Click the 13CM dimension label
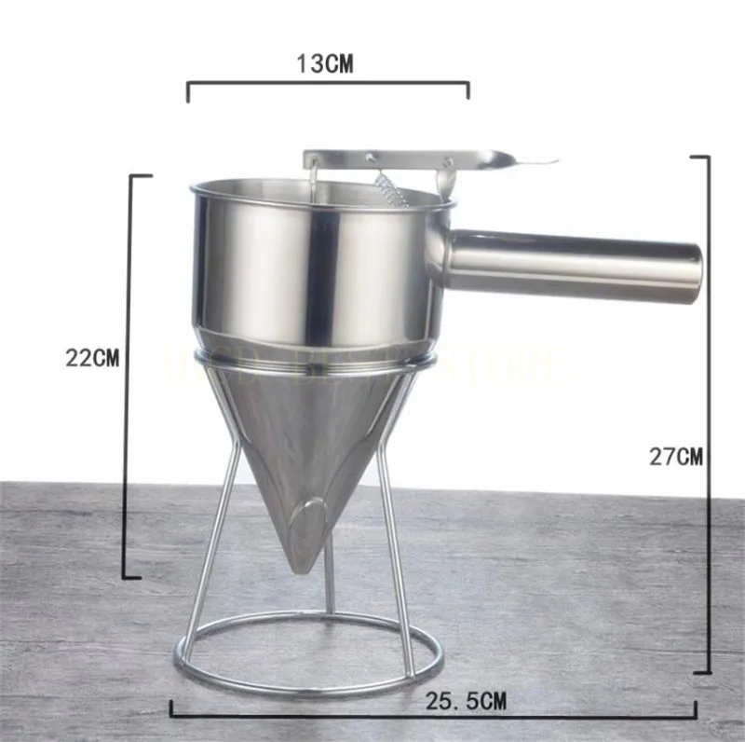(x=325, y=63)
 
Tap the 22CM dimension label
(x=92, y=358)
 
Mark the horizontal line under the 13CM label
(x=326, y=84)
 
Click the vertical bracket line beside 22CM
(x=128, y=373)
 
